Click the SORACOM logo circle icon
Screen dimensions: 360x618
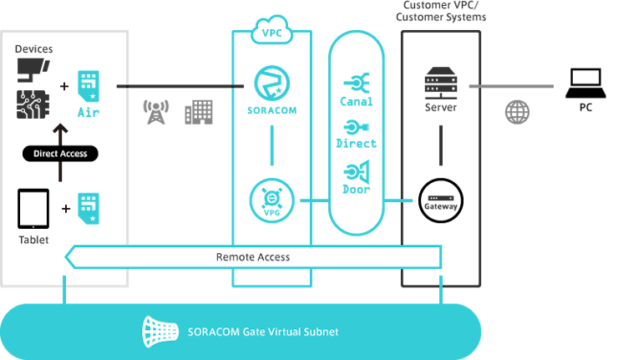coord(272,83)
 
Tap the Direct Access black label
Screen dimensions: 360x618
coord(60,154)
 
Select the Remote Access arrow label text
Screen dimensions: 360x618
coord(252,257)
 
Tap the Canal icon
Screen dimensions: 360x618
coord(357,83)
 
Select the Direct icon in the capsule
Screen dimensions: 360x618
coord(356,128)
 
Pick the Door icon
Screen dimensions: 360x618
coord(356,172)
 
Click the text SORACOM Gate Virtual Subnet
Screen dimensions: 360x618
coord(266,332)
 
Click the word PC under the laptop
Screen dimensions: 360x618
coord(585,108)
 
